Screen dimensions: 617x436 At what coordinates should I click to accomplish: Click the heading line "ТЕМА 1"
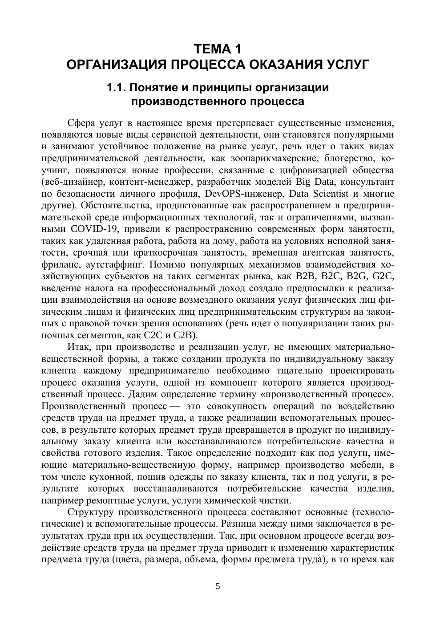tap(218, 48)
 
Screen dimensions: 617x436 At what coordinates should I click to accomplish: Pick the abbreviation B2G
tap(358, 276)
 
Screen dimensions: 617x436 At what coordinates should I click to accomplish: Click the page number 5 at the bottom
tap(218, 586)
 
